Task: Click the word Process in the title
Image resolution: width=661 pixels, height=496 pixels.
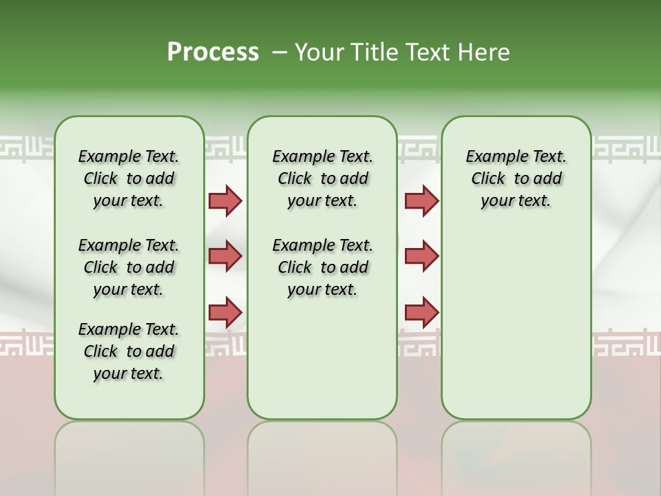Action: click(213, 52)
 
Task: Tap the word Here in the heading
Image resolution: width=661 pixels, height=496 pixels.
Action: click(481, 52)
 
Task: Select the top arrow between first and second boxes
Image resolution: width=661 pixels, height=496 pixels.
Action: click(225, 200)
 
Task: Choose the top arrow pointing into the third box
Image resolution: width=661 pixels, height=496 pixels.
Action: click(421, 200)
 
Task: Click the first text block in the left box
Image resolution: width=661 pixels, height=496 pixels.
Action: click(129, 178)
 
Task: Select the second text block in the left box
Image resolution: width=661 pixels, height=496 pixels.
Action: click(129, 267)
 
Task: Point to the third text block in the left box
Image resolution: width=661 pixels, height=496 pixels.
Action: click(129, 351)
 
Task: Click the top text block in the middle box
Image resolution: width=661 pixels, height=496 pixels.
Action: click(322, 178)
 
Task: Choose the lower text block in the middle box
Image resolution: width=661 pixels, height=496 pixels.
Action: click(322, 267)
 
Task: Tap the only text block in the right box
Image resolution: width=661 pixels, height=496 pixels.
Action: click(516, 178)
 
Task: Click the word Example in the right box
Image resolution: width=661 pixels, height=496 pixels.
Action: click(492, 157)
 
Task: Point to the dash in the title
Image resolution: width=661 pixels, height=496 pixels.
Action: click(280, 52)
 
